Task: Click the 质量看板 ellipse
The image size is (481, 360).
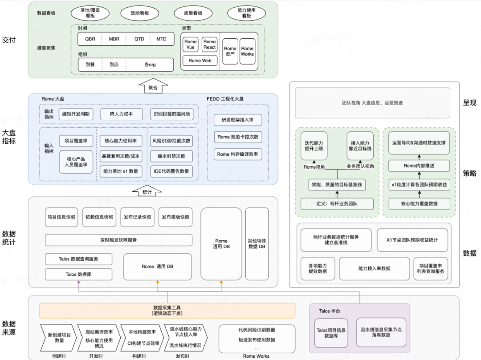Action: point(193,13)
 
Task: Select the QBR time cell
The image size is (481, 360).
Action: point(90,39)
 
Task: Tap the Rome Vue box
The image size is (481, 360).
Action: point(190,44)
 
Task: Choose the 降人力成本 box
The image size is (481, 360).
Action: point(121,114)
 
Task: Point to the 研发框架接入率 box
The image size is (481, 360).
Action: point(238,120)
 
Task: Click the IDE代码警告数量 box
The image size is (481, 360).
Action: point(171,171)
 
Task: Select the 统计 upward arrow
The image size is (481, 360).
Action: point(147,190)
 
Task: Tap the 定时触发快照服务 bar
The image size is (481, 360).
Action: point(118,240)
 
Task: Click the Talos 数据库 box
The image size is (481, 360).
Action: point(78,275)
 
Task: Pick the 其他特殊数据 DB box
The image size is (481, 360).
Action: point(257,243)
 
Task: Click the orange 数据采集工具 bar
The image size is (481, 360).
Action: point(167,310)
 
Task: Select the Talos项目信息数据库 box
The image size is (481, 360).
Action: point(331,333)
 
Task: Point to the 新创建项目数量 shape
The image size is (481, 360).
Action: point(59,337)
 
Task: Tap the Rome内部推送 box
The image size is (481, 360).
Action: point(419,166)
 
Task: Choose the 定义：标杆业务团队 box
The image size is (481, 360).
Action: point(337,204)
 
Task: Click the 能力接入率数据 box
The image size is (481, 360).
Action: point(374,268)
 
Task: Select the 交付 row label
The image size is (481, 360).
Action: point(9,40)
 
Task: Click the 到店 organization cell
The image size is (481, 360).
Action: point(114,65)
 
